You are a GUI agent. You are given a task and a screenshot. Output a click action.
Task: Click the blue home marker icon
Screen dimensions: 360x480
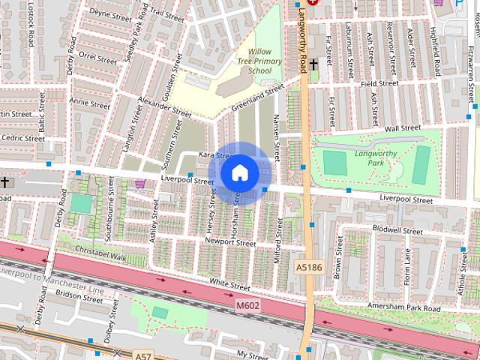pyautogui.click(x=239, y=173)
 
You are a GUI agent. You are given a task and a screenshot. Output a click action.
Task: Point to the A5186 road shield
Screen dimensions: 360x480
pyautogui.click(x=308, y=266)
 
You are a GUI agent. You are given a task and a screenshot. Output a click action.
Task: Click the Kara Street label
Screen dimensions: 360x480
pyautogui.click(x=212, y=155)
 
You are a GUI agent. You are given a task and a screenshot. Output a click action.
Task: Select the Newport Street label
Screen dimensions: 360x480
pyautogui.click(x=231, y=243)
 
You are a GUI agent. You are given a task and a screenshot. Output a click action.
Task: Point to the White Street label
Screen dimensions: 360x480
pyautogui.click(x=229, y=285)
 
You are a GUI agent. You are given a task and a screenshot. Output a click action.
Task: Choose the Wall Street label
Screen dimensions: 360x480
pyautogui.click(x=402, y=128)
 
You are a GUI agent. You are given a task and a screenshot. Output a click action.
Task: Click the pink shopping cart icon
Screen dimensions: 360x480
pyautogui.click(x=139, y=183)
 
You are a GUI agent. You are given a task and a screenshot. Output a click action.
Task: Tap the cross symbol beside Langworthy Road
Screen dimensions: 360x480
pyautogui.click(x=313, y=65)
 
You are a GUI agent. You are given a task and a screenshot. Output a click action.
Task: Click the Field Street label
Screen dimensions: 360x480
pyautogui.click(x=379, y=84)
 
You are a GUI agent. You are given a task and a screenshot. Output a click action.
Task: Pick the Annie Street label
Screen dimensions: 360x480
pyautogui.click(x=90, y=101)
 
